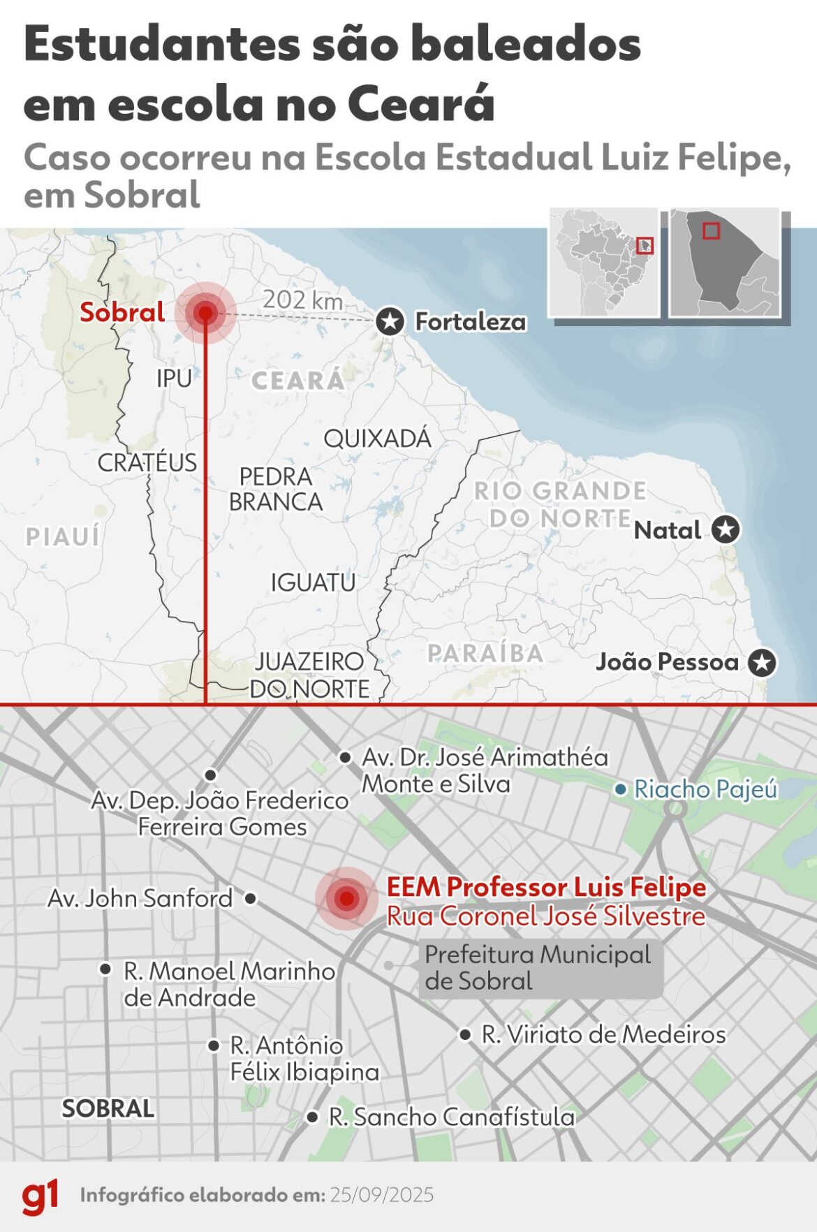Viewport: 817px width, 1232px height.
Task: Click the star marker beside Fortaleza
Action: click(390, 322)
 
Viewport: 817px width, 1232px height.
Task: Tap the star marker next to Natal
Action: click(726, 529)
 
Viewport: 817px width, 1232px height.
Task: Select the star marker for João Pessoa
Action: click(762, 662)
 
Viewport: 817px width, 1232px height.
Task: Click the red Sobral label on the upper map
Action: click(122, 312)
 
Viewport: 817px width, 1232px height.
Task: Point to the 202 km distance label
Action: click(302, 300)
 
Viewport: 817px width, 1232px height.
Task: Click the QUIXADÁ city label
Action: click(377, 439)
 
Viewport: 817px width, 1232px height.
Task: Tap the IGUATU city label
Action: click(313, 582)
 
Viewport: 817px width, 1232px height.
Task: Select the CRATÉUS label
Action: click(147, 462)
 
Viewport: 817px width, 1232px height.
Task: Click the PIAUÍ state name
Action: click(63, 536)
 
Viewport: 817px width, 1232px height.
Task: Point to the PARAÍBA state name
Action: click(485, 653)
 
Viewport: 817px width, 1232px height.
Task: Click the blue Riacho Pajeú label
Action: click(705, 789)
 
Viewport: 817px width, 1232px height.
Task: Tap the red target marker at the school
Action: click(346, 898)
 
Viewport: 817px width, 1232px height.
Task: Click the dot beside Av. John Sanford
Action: click(251, 898)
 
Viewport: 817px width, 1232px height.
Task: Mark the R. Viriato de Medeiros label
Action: click(603, 1034)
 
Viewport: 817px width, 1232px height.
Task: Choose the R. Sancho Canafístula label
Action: click(452, 1117)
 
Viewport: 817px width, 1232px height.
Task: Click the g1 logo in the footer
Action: click(40, 1196)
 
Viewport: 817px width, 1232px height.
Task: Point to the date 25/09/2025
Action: click(382, 1195)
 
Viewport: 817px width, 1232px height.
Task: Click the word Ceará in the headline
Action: click(420, 105)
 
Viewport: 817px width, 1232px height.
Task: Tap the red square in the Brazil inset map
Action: click(645, 245)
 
